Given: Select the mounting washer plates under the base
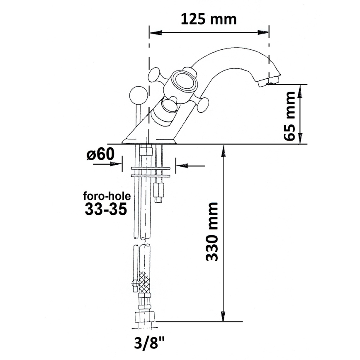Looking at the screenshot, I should (150, 172).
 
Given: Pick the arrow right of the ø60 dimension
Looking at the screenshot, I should (181, 166).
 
